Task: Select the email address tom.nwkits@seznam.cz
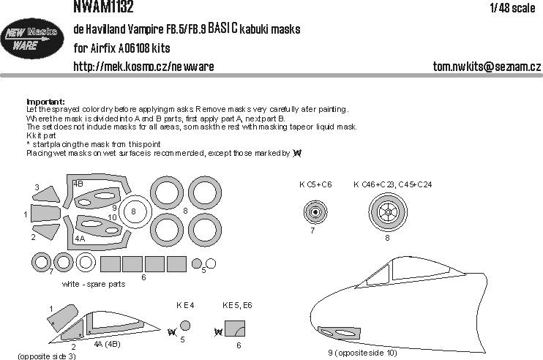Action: [x=487, y=67]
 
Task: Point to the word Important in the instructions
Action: [x=45, y=102]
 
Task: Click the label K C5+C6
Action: [x=316, y=184]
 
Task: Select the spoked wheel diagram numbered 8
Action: [x=388, y=213]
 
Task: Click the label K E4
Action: [x=183, y=304]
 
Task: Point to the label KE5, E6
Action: [x=236, y=304]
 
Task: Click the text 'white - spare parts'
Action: [x=94, y=283]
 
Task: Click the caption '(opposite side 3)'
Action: [x=46, y=355]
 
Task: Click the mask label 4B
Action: [x=78, y=183]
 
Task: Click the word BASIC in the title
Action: [x=228, y=29]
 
